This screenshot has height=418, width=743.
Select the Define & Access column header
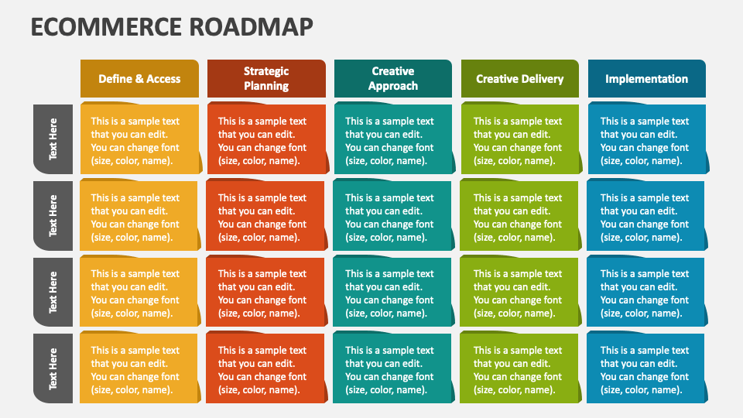[x=139, y=79]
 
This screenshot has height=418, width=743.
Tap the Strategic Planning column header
[x=266, y=79]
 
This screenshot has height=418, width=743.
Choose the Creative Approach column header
[x=393, y=79]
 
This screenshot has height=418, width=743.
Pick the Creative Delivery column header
[x=520, y=79]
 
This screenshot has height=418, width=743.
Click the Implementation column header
[x=646, y=79]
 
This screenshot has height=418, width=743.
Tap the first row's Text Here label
[x=53, y=139]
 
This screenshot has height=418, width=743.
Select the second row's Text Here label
[x=53, y=216]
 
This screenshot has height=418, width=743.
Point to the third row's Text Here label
[x=53, y=292]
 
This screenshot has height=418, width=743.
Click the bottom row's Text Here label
[x=53, y=368]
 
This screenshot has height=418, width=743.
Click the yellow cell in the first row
[x=139, y=140]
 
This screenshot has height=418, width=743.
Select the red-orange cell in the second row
[x=266, y=217]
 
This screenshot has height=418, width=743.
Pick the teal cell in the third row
[x=393, y=293]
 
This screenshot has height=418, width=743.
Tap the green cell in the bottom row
[x=520, y=369]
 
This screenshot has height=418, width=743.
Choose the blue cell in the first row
[x=646, y=140]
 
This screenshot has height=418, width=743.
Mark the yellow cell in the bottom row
[x=139, y=369]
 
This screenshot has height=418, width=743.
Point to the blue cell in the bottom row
[x=646, y=369]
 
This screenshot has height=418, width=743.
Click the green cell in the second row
[x=520, y=217]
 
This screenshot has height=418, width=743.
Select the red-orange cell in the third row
[x=266, y=293]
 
